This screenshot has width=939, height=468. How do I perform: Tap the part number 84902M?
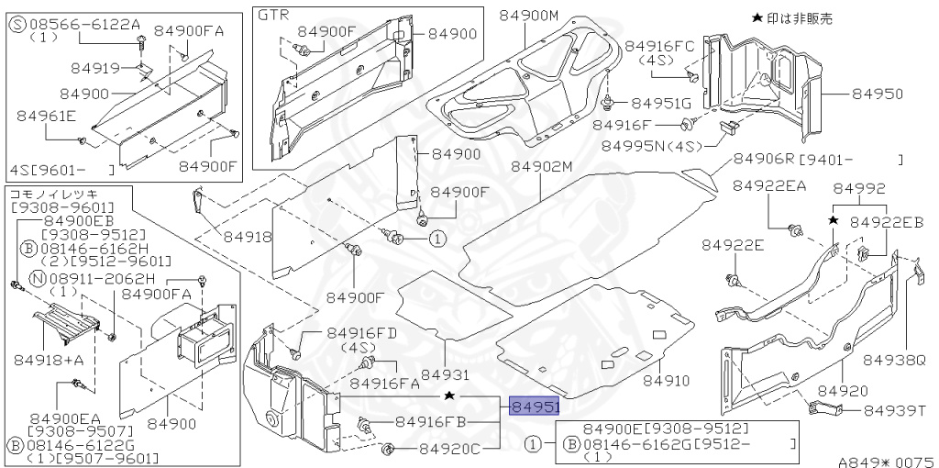[541, 166]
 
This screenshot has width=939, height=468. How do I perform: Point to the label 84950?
[878, 94]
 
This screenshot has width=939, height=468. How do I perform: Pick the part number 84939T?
[896, 409]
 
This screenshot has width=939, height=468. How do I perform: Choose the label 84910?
[666, 379]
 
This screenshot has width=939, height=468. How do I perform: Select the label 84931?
[445, 374]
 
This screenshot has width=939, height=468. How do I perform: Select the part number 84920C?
[450, 449]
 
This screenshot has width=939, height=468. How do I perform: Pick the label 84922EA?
[769, 186]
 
